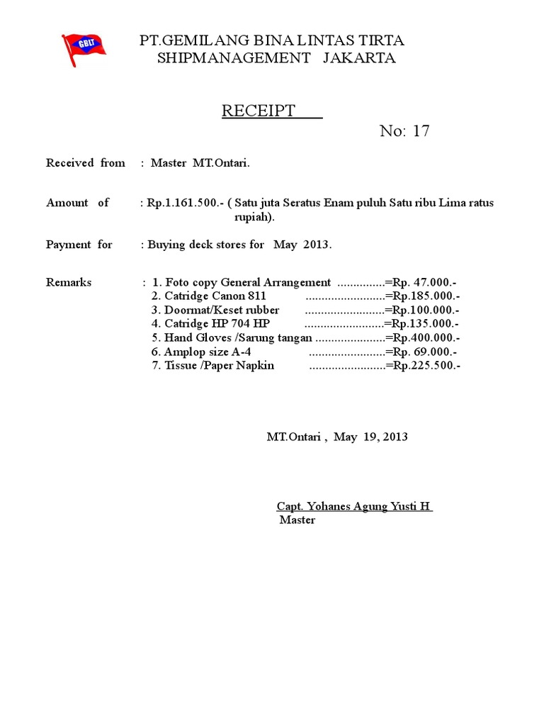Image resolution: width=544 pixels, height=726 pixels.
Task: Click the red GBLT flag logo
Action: click(83, 49)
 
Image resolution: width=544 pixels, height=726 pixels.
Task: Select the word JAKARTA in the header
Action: click(359, 58)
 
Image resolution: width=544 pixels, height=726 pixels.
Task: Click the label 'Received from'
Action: click(86, 163)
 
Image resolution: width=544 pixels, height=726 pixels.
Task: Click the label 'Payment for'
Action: click(79, 245)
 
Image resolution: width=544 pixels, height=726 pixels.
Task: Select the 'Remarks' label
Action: click(69, 282)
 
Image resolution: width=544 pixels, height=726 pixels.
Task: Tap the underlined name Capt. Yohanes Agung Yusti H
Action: click(354, 506)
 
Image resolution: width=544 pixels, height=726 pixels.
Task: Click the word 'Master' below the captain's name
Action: click(297, 520)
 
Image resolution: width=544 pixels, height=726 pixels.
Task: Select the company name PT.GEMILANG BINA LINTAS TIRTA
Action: click(273, 41)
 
